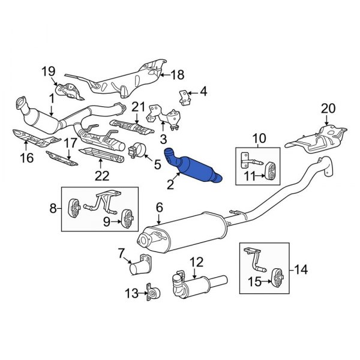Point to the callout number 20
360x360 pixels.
(x=327, y=109)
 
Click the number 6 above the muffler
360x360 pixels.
(x=159, y=207)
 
